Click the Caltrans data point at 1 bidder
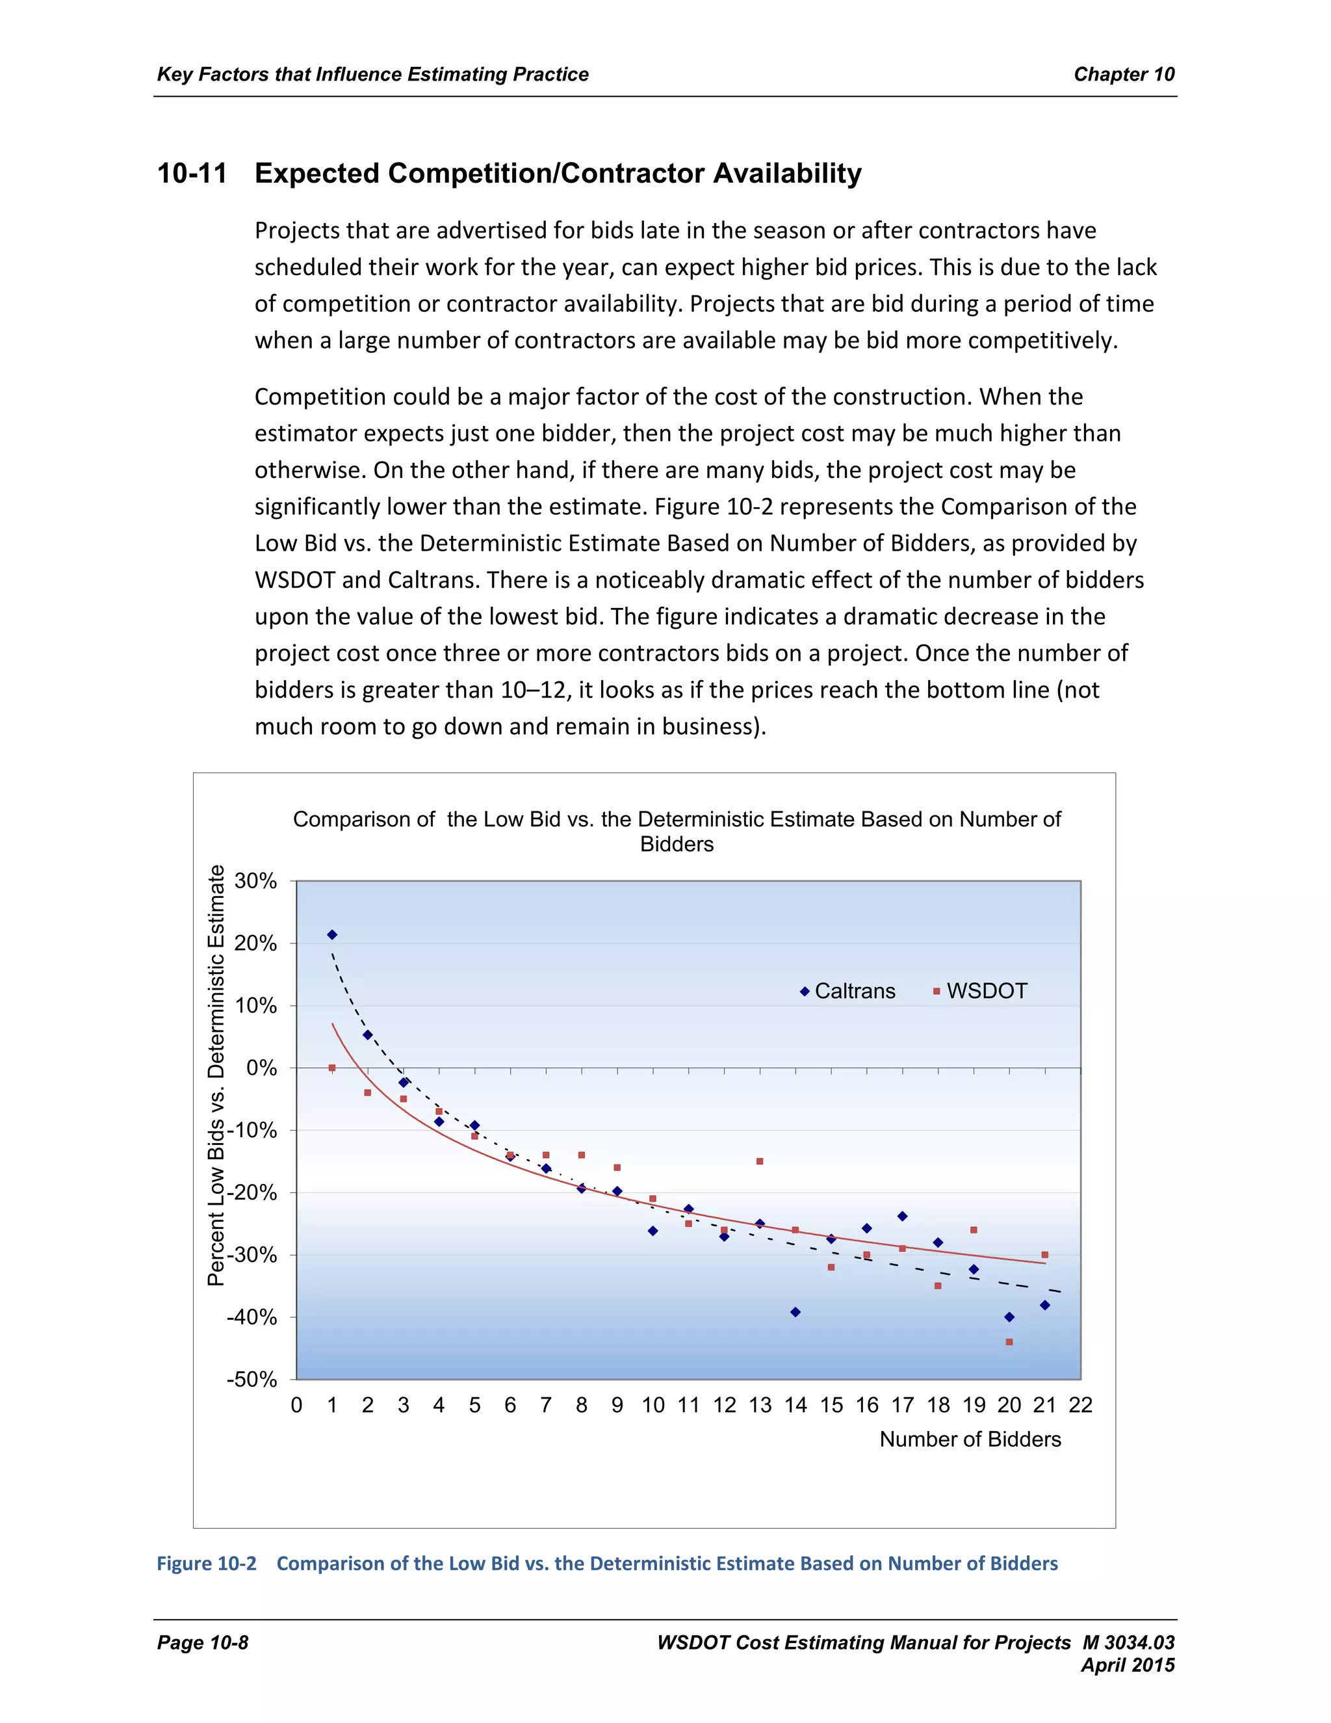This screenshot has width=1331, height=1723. click(x=332, y=935)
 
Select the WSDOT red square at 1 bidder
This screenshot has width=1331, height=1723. click(x=332, y=1068)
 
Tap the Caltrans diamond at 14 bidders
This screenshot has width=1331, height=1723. click(x=795, y=1312)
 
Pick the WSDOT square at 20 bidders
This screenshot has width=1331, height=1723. click(x=1009, y=1342)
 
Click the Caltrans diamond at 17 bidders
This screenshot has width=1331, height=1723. click(x=902, y=1217)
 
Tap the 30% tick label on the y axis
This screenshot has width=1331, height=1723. click(x=255, y=881)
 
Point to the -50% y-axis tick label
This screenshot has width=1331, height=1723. click(x=252, y=1380)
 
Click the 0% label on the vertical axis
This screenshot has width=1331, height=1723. click(x=261, y=1068)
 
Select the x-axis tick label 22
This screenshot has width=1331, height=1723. click(x=1080, y=1405)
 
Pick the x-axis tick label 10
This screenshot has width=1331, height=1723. click(x=653, y=1405)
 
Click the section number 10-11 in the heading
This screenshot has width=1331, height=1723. click(x=192, y=174)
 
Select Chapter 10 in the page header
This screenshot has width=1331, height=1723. click(x=1124, y=74)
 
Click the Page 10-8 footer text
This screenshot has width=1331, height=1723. click(x=203, y=1642)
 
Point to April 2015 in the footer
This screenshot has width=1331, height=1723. click(x=1128, y=1665)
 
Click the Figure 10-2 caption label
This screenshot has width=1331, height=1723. click(x=207, y=1564)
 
